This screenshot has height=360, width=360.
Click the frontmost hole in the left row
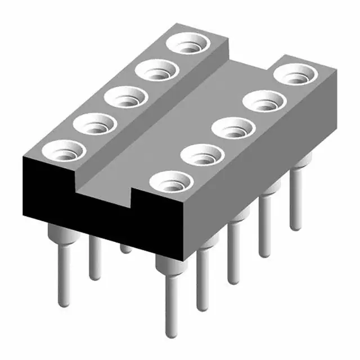[64, 150]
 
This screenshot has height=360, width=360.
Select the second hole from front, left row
[94, 123]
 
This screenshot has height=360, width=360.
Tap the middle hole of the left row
[125, 97]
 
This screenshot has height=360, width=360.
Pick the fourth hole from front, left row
[156, 70]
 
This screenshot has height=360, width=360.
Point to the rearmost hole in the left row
[188, 43]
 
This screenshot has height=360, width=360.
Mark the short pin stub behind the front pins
[127, 248]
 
